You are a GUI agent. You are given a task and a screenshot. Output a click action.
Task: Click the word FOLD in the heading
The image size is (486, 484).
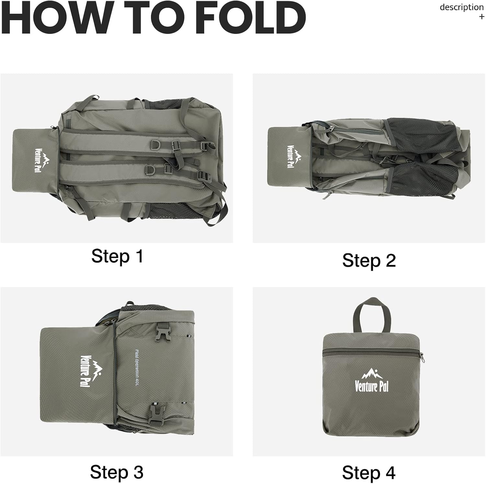click(250, 18)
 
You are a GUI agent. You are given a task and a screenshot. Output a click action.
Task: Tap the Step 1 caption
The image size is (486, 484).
click(117, 257)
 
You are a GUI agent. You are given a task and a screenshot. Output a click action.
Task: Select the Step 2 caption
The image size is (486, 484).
click(369, 261)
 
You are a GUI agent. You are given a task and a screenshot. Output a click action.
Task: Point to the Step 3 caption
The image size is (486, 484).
click(117, 472)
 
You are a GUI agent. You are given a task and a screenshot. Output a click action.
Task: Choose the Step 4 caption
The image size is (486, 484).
click(369, 473)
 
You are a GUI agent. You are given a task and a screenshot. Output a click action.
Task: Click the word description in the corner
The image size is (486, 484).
click(462, 7)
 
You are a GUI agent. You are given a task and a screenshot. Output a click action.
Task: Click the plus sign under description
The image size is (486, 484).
click(481, 17)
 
